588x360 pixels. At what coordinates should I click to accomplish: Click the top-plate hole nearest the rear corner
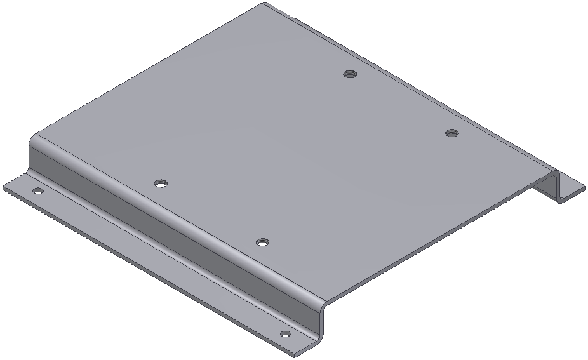349,74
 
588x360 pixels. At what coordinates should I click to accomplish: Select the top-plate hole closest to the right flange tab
451,133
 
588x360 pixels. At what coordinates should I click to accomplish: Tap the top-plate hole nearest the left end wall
161,183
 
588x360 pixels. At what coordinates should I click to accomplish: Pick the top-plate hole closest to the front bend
262,242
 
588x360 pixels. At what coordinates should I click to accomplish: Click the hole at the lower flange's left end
37,190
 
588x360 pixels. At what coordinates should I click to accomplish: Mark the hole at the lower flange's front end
285,333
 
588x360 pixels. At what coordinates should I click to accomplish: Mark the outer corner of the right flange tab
584,186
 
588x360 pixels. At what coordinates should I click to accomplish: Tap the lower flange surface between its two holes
159,260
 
